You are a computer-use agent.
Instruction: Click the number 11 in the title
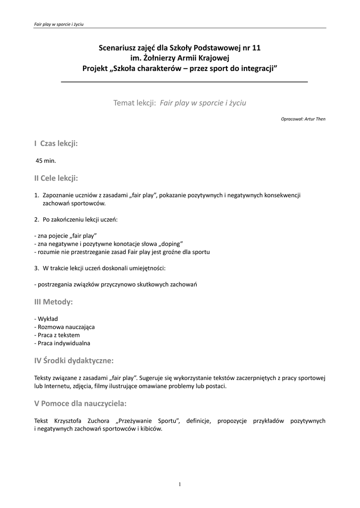coord(255,48)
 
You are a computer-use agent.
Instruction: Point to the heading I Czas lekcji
coord(56,143)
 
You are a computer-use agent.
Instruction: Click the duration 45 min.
coord(46,161)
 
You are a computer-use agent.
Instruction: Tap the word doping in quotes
coord(171,244)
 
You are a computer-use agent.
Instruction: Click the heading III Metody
coord(54,302)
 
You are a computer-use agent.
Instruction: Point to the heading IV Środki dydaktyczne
coord(74,360)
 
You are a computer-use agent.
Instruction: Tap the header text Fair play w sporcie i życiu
coord(55,24)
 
